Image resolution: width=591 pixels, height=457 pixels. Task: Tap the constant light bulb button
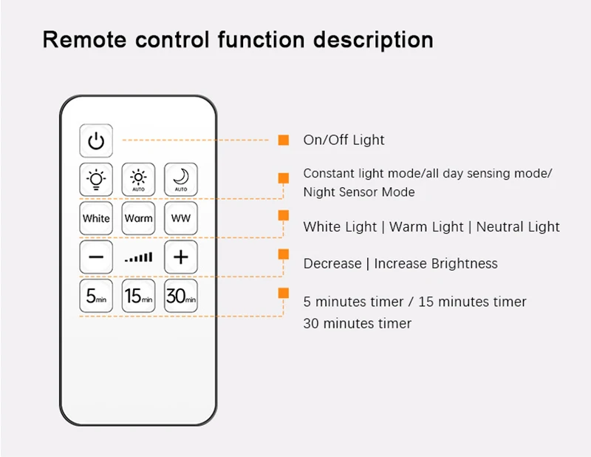(x=96, y=179)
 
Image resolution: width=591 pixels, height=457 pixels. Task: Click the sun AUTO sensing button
(x=138, y=179)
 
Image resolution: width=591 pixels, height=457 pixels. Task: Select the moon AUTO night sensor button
(x=181, y=179)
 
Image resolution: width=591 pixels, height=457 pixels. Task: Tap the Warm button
(x=138, y=218)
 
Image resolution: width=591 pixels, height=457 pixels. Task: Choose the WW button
(x=181, y=218)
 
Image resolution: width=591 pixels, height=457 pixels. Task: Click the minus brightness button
(x=96, y=257)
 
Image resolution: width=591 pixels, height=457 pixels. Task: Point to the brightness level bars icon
(x=138, y=257)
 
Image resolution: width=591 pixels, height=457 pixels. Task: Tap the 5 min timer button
(x=96, y=297)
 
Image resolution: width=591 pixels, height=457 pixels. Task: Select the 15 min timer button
(x=138, y=297)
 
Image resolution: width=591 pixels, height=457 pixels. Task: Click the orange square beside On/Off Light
(x=283, y=140)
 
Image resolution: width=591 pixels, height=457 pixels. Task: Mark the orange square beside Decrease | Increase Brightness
(x=283, y=254)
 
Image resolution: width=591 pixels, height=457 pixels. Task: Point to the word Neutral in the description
(x=498, y=227)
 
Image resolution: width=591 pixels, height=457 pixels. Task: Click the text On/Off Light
(x=344, y=140)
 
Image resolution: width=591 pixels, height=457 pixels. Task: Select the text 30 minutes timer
(x=357, y=323)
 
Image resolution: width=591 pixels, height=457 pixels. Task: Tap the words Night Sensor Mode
(x=359, y=192)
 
